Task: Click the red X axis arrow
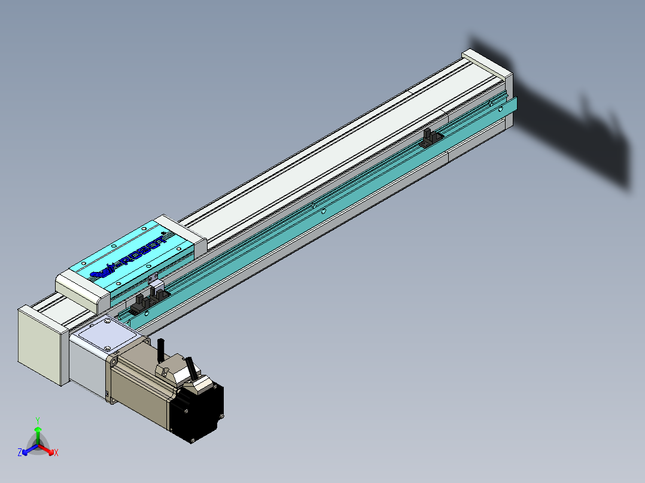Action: coord(49,450)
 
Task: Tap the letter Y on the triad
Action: coord(38,420)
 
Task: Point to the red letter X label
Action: coord(56,453)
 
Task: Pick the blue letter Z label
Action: coord(20,453)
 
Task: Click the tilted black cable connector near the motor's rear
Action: coord(190,365)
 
